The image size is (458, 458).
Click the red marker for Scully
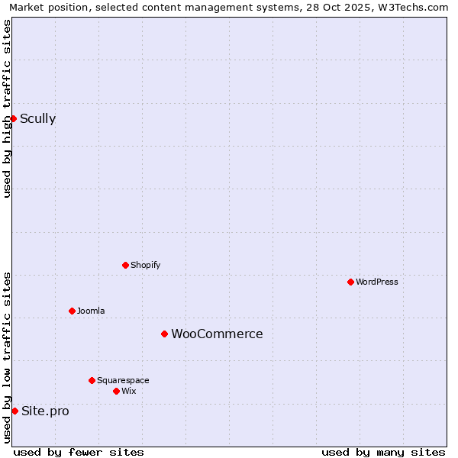(13, 118)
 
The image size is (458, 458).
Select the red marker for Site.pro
(15, 411)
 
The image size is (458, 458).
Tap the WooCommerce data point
(164, 334)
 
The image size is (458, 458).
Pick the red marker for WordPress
(350, 282)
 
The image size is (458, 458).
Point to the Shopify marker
(125, 265)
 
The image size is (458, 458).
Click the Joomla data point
(72, 311)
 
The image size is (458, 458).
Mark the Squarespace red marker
(92, 380)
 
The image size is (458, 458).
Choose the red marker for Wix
(116, 391)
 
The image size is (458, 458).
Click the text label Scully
(37, 118)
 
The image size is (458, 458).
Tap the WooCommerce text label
(217, 334)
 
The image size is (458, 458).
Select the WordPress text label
(376, 282)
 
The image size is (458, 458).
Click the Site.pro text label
(45, 411)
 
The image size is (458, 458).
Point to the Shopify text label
(145, 265)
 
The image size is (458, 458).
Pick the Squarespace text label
(123, 380)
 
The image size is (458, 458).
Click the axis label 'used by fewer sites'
(79, 452)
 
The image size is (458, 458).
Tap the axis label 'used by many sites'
(383, 452)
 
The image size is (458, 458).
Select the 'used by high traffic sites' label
(7, 108)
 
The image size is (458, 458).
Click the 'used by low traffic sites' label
(7, 356)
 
